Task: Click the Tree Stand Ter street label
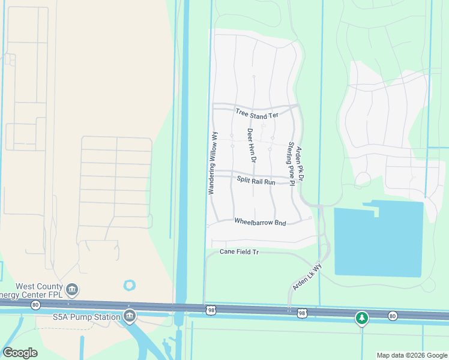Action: click(x=257, y=113)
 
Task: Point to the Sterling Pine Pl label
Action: click(x=291, y=164)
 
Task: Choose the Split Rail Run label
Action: click(x=255, y=180)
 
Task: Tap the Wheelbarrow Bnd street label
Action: click(x=260, y=221)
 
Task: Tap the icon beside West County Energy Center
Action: click(x=72, y=290)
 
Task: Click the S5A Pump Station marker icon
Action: click(x=129, y=316)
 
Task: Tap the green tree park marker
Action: click(x=361, y=317)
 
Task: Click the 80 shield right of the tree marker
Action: click(x=393, y=316)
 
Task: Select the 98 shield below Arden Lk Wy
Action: click(x=301, y=313)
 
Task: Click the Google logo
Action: click(x=20, y=353)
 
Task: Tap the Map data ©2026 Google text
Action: click(x=411, y=355)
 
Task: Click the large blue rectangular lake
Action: click(x=378, y=240)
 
